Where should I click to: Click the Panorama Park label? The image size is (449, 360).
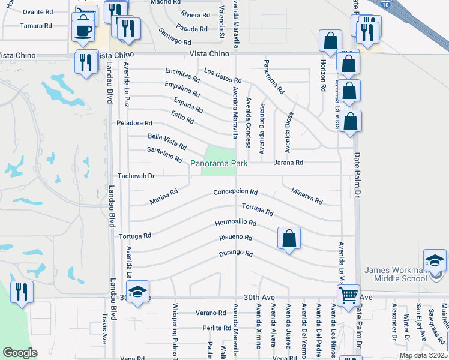click(219, 163)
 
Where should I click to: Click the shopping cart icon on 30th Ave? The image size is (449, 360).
click(348, 295)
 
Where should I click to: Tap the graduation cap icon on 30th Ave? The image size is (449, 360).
click(137, 292)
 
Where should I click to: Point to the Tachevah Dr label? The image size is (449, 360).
click(136, 176)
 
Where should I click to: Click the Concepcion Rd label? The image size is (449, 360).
click(235, 193)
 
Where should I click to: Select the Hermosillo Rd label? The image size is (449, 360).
click(236, 223)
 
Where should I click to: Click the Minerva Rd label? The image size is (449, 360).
click(307, 194)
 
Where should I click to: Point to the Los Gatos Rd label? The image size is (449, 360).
click(222, 76)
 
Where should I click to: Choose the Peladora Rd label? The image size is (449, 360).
click(134, 123)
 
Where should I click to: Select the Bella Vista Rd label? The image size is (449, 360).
click(167, 142)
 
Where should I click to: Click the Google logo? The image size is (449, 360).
click(20, 353)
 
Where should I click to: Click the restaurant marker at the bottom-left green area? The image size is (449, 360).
click(22, 292)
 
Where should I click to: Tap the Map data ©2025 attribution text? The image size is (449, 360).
click(423, 355)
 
